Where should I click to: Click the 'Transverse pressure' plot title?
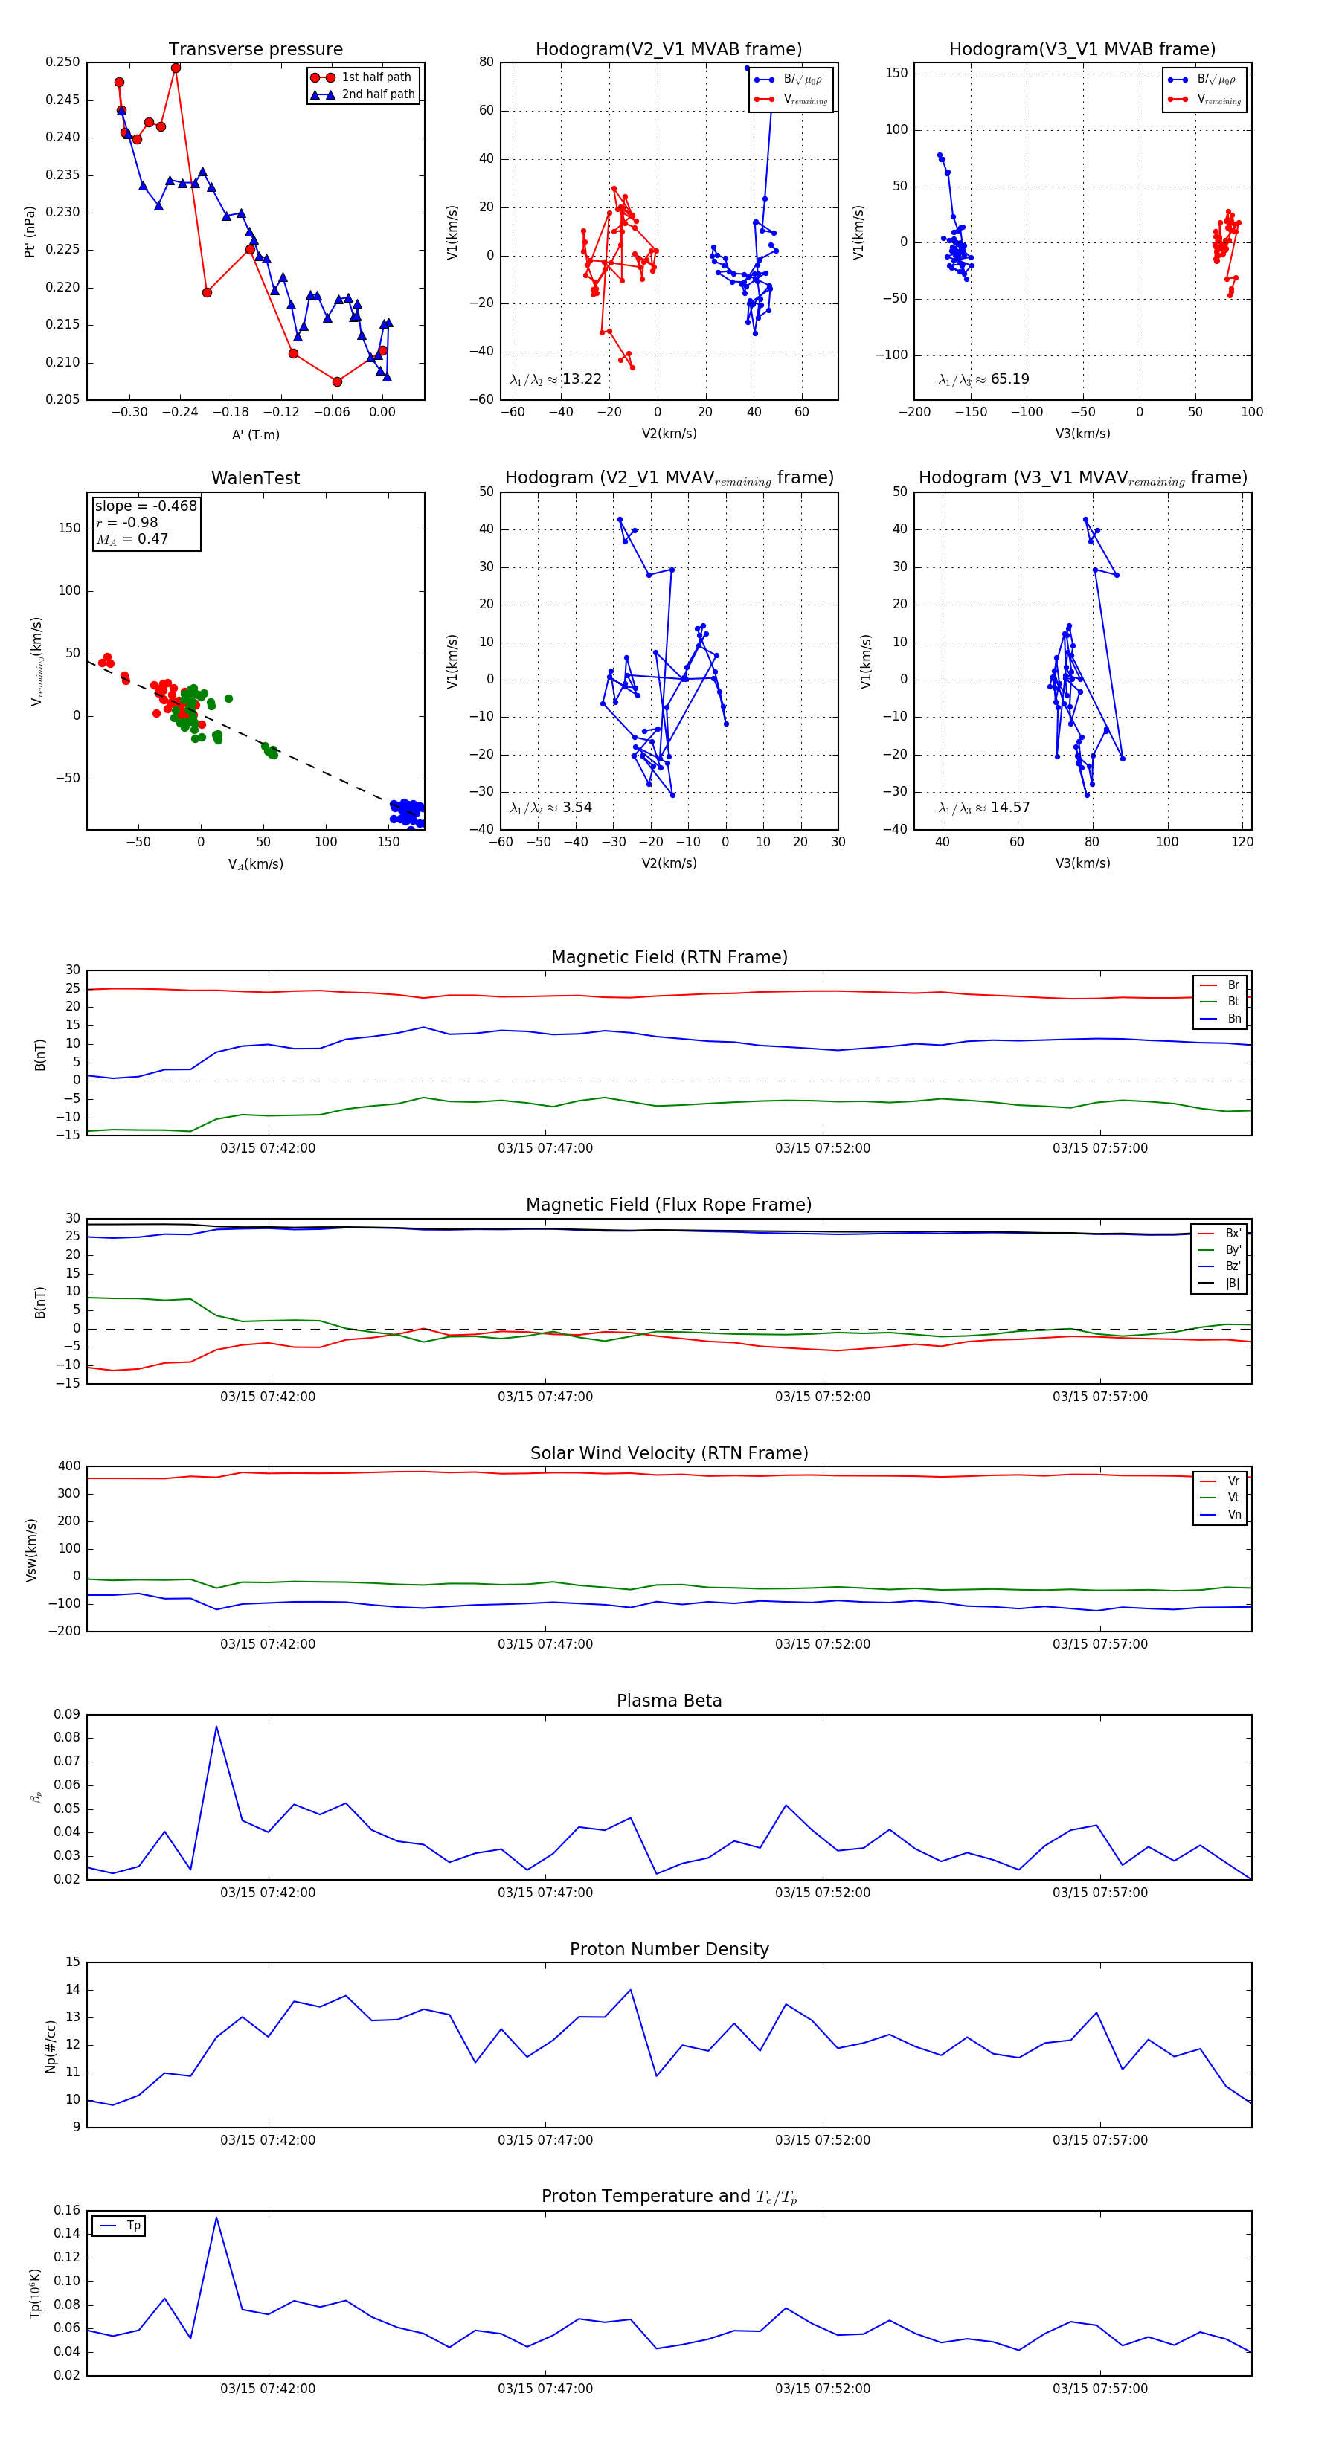tap(255, 50)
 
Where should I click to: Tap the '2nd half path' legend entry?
tap(377, 94)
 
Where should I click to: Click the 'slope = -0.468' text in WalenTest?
tap(146, 506)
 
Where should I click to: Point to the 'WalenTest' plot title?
tap(255, 478)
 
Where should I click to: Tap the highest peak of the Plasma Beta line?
tap(216, 1726)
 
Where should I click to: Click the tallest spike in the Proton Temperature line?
tap(216, 2217)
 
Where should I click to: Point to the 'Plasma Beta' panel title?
tap(669, 1701)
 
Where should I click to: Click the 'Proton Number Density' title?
tap(669, 1949)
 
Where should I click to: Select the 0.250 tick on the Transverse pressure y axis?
tap(63, 62)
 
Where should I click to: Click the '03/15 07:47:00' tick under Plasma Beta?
tap(545, 1892)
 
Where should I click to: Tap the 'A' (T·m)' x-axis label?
tap(255, 434)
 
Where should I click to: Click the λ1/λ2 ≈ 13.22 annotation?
tap(556, 379)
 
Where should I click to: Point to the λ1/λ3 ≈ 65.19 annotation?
tap(983, 379)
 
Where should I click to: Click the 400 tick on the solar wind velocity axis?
tap(70, 1466)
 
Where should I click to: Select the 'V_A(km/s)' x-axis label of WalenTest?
tap(255, 864)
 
